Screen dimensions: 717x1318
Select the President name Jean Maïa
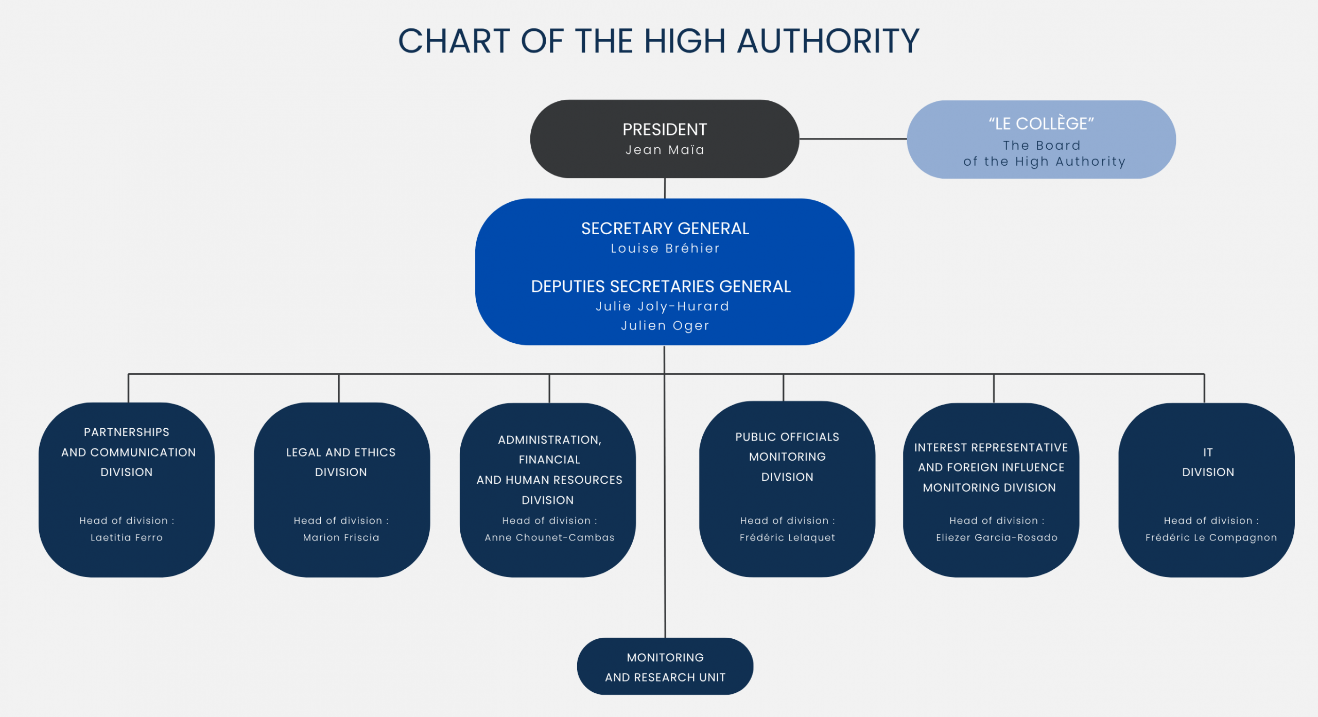665,150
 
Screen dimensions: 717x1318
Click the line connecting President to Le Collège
853,138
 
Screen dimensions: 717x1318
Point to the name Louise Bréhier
665,249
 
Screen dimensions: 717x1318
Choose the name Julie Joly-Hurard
662,307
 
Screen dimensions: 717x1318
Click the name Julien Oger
665,326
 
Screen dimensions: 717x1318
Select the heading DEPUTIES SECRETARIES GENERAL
661,286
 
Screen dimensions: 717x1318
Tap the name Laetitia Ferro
127,537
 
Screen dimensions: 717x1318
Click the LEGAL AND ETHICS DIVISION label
341,462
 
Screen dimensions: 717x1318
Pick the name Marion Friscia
341,537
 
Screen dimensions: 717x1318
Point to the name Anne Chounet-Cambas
549,537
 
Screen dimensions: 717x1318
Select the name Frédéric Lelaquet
787,537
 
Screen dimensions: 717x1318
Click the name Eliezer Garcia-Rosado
997,537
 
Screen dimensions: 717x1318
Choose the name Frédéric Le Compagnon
1211,537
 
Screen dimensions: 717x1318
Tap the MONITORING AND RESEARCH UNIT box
665,667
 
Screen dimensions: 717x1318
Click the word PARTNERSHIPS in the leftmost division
127,432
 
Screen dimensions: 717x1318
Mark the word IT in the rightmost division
1208,452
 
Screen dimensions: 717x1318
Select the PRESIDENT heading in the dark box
665,129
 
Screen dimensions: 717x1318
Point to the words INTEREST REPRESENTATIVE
991,447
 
